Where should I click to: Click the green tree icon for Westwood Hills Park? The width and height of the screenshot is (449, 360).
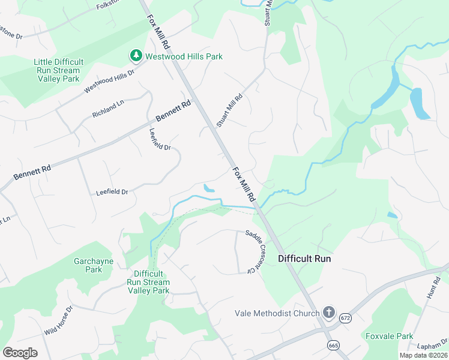[136, 56]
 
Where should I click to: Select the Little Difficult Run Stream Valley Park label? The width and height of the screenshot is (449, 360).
[58, 70]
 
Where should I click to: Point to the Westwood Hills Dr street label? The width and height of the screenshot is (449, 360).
[109, 80]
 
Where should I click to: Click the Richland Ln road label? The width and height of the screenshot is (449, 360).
[107, 109]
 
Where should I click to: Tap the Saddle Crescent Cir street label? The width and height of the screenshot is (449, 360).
[255, 252]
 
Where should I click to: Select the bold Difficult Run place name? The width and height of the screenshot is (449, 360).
[304, 259]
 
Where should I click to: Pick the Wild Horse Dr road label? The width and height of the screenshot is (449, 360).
[58, 320]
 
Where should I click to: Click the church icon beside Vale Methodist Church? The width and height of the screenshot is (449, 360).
[329, 312]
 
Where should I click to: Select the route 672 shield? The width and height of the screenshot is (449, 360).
[345, 317]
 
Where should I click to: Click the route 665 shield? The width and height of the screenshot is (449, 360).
[333, 345]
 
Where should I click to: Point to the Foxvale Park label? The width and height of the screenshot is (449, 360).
[389, 336]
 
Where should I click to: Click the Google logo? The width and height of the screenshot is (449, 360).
[19, 352]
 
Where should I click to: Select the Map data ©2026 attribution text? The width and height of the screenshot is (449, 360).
[423, 355]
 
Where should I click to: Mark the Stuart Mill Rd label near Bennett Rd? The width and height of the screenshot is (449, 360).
[229, 110]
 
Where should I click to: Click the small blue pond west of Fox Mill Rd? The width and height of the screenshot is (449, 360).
[208, 188]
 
